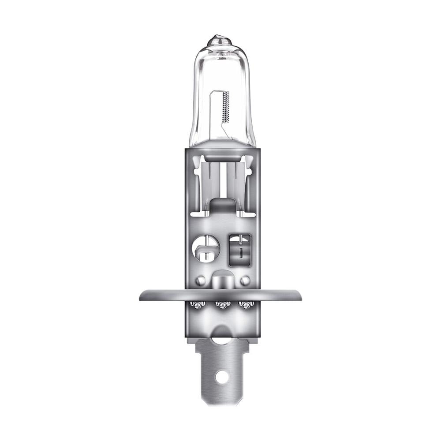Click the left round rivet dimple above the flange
tap(201, 280)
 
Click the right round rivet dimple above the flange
tap(246, 280)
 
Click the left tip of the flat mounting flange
tap(141, 295)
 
